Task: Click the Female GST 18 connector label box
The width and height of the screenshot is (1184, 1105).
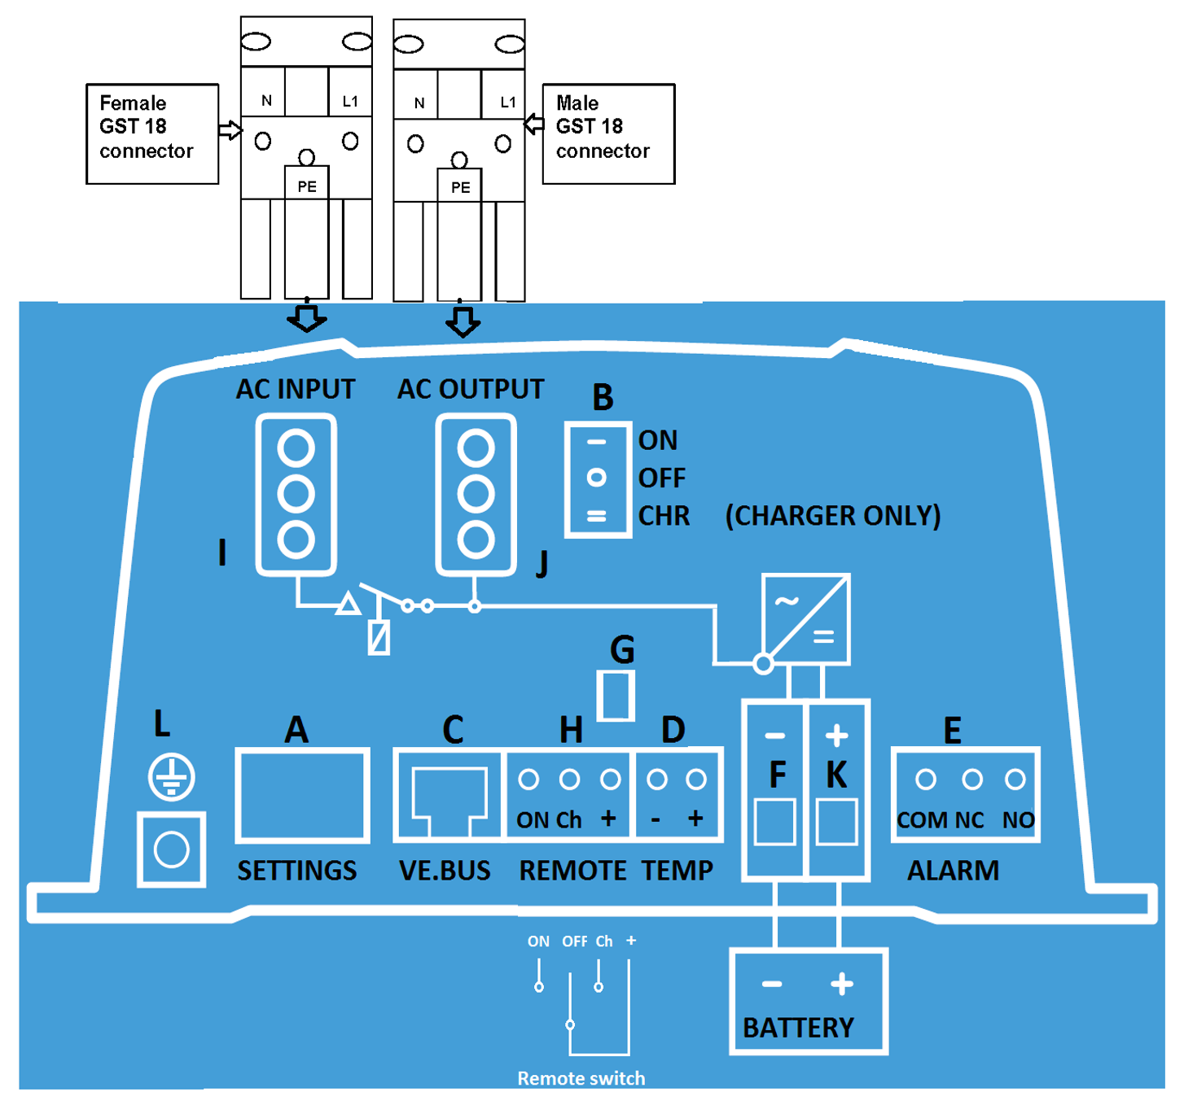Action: tap(152, 133)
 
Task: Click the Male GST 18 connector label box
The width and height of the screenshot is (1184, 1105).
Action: tap(608, 133)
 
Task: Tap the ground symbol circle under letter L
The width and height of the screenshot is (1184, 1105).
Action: tap(172, 777)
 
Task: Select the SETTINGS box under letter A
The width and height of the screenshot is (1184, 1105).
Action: tap(302, 795)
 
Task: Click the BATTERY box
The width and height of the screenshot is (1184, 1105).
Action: tap(808, 1002)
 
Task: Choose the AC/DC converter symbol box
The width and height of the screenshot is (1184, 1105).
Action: tap(806, 618)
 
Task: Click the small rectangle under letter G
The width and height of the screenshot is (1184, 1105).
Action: tap(616, 696)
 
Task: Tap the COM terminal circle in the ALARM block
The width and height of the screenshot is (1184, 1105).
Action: tap(926, 780)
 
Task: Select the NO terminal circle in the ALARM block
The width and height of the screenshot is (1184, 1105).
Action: tap(1015, 780)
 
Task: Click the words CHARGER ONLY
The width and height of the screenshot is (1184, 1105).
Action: tap(832, 516)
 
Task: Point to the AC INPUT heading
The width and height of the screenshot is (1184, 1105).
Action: tap(296, 390)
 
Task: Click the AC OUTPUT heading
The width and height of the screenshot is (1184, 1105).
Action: tap(471, 390)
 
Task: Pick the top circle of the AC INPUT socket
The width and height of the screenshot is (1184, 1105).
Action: tap(296, 448)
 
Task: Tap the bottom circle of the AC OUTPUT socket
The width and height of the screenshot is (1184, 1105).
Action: tap(476, 539)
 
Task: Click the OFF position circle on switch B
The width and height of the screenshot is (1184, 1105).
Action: tap(597, 478)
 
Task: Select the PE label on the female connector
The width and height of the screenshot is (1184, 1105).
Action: tap(307, 186)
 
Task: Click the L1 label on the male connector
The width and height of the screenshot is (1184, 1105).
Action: tap(508, 102)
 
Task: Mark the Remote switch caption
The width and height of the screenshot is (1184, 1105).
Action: tap(581, 1078)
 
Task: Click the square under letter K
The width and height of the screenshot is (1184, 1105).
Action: tap(837, 822)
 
